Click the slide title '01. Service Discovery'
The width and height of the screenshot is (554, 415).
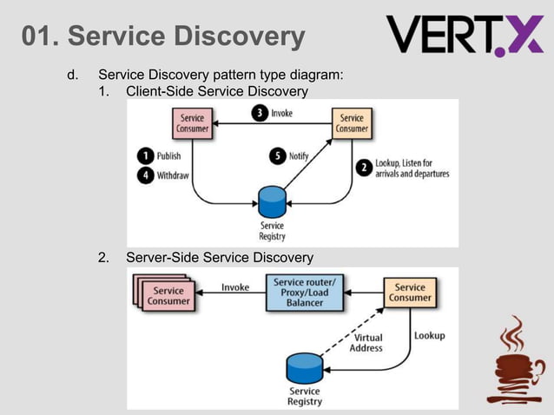tap(163, 36)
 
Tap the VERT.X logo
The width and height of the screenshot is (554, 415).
tap(465, 35)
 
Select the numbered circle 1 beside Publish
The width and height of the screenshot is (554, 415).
tap(146, 156)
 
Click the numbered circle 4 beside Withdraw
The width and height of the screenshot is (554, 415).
tap(146, 175)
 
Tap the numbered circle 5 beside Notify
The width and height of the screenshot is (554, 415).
tap(277, 156)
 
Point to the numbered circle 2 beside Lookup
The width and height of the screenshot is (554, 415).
tap(363, 166)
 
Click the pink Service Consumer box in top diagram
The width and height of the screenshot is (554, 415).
tap(192, 123)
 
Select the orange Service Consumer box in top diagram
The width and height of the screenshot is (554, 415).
tap(352, 123)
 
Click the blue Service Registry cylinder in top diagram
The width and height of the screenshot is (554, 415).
tap(272, 202)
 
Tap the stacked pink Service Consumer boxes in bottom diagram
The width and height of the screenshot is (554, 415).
tap(165, 293)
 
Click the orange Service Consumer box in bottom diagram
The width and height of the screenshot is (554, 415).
tap(409, 293)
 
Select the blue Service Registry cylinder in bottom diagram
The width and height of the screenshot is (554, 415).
tap(304, 367)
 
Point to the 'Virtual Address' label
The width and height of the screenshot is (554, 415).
tap(366, 343)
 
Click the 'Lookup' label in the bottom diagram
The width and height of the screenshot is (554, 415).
tap(429, 335)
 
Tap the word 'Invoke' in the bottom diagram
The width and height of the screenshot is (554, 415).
tap(234, 287)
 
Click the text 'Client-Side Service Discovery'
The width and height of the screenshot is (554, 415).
tap(217, 91)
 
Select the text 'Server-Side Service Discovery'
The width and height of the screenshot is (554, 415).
tap(220, 258)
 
